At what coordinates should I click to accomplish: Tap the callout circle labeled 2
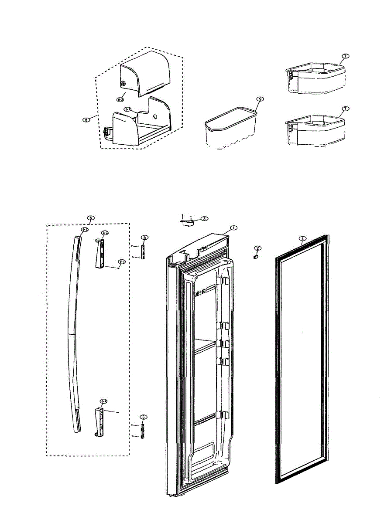point(257,248)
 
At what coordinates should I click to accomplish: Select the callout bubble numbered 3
point(204,218)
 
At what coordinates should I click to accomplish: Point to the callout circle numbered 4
point(302,238)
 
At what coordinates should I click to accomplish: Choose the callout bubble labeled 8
point(87,119)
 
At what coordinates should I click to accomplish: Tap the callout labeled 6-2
point(85,229)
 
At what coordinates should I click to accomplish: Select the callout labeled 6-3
point(105,233)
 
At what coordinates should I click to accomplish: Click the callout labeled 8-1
point(127,109)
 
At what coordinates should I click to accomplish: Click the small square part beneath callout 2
point(255,257)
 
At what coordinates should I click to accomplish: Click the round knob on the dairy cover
point(123,84)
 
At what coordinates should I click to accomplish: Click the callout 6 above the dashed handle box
point(90,217)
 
